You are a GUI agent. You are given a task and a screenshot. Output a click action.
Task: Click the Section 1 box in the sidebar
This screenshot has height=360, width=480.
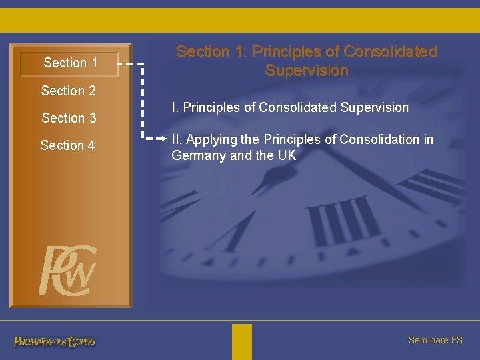click(70, 63)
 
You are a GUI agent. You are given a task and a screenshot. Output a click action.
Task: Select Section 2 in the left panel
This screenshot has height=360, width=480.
click(69, 91)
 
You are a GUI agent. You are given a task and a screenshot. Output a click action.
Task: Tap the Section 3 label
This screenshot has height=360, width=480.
click(69, 118)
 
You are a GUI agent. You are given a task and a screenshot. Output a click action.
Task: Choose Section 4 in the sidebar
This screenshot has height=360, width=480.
click(68, 145)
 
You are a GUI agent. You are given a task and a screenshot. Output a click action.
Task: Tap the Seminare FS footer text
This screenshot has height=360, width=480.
click(435, 340)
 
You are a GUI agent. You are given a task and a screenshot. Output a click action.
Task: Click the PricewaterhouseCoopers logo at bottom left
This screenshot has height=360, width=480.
click(55, 341)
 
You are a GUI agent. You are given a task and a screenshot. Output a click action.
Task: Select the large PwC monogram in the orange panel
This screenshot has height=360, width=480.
click(67, 271)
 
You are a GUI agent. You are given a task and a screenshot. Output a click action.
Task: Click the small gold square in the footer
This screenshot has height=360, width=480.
click(242, 341)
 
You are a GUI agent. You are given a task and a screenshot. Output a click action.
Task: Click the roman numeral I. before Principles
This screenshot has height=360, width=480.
click(175, 107)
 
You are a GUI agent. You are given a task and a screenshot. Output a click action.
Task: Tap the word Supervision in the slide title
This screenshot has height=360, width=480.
click(307, 71)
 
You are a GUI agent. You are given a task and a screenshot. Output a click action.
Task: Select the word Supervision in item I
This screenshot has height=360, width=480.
click(375, 107)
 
